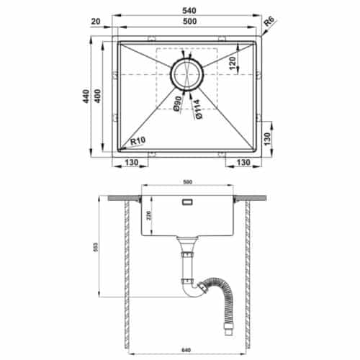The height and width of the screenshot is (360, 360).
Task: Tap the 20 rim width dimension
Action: pyautogui.click(x=96, y=22)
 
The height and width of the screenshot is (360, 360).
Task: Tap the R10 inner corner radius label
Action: pyautogui.click(x=139, y=142)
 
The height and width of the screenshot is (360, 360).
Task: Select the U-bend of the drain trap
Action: pyautogui.click(x=191, y=292)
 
